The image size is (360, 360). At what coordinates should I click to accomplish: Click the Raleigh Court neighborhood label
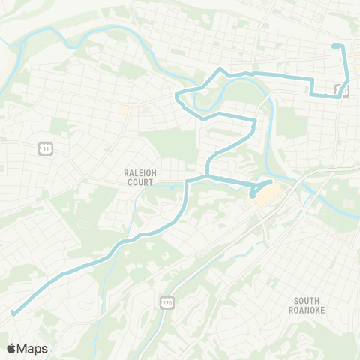coord(139,176)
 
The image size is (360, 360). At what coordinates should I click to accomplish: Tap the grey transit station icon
coord(340,91)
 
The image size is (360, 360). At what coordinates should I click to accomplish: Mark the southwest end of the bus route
coord(13,313)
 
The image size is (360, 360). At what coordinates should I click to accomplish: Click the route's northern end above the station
coord(334,47)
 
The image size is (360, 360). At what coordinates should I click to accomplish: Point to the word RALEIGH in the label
coord(139,172)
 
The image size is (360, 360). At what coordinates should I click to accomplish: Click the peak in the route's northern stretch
coord(220,69)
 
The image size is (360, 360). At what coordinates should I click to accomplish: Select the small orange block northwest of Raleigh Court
coord(124,109)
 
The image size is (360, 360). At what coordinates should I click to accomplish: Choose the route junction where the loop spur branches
coord(206,177)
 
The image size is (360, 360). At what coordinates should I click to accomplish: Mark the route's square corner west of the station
coord(312,94)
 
